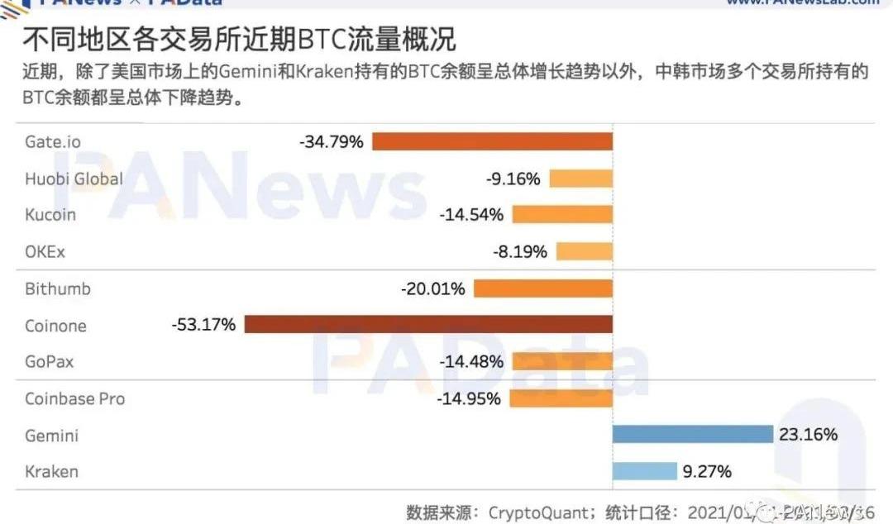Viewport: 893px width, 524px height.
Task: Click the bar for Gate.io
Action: pyautogui.click(x=492, y=141)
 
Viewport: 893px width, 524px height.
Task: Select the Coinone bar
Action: pyautogui.click(x=428, y=324)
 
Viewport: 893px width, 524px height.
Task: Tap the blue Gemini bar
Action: pyautogui.click(x=692, y=435)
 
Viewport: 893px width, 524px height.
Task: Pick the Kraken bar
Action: pyautogui.click(x=644, y=471)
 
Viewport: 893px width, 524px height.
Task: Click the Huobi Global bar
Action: pyautogui.click(x=580, y=179)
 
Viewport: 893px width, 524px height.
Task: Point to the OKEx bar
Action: pyautogui.click(x=584, y=251)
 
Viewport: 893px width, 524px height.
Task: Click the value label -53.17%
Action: pyautogui.click(x=203, y=325)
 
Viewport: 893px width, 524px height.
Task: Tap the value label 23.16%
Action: pyautogui.click(x=807, y=435)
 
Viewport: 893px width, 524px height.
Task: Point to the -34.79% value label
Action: pyautogui.click(x=332, y=141)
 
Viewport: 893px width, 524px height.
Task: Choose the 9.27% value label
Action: pyautogui.click(x=707, y=472)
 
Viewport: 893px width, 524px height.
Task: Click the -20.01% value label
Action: pyautogui.click(x=433, y=289)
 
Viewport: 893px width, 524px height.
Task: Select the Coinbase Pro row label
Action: pyautogui.click(x=75, y=398)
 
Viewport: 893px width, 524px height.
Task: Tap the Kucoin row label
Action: pyautogui.click(x=50, y=215)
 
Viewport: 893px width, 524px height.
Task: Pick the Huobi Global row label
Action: pyautogui.click(x=74, y=179)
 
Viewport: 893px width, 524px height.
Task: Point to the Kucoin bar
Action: pyautogui.click(x=562, y=215)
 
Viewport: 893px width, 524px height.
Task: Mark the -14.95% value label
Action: pyautogui.click(x=469, y=398)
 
